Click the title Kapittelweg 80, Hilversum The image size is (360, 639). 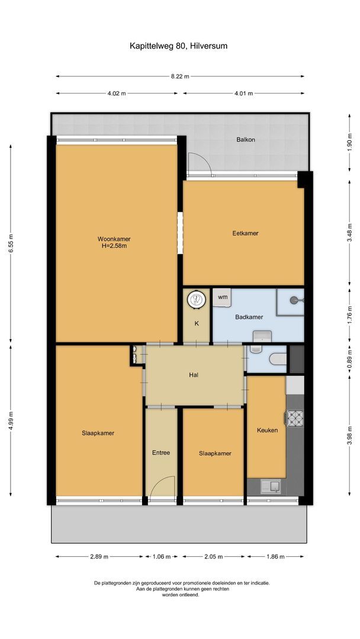tap(178, 46)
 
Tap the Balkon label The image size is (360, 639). tap(246, 140)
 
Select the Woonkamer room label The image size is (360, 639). tap(114, 239)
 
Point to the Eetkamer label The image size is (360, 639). tap(246, 234)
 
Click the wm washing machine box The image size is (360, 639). tap(222, 298)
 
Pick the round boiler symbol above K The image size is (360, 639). tap(196, 299)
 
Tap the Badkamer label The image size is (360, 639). tap(249, 317)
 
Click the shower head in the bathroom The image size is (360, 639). tap(294, 300)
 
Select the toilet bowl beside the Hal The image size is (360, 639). tap(278, 359)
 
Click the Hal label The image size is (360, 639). tap(194, 375)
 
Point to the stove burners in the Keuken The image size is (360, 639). tap(295, 418)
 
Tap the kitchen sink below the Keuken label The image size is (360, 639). tap(270, 486)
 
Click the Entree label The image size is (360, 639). tap(161, 453)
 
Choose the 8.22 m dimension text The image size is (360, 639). tap(180, 76)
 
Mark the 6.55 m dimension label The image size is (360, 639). tap(11, 243)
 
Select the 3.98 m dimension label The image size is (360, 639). tap(349, 435)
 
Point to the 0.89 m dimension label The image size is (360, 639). tap(349, 359)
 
